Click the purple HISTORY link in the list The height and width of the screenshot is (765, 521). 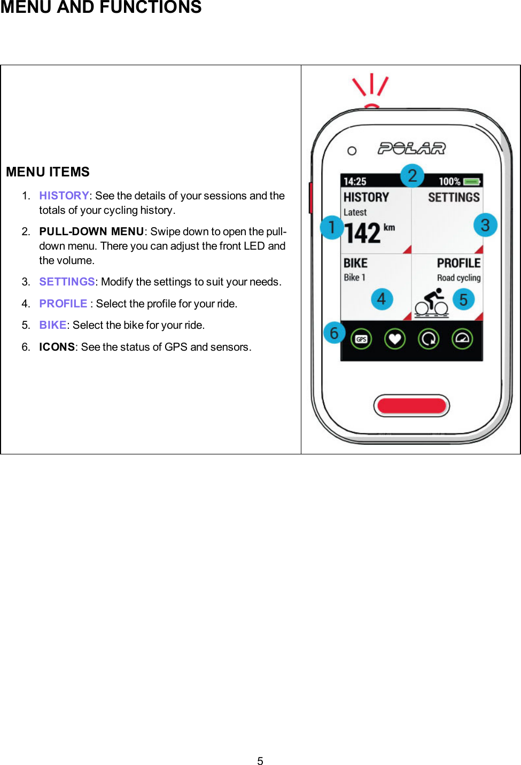pyautogui.click(x=64, y=196)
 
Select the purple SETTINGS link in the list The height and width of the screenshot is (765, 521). pyautogui.click(x=67, y=282)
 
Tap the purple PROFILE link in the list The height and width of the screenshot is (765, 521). pyautogui.click(x=63, y=304)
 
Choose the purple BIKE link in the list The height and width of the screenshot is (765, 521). pyautogui.click(x=52, y=325)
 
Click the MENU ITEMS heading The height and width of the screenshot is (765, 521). pyautogui.click(x=48, y=172)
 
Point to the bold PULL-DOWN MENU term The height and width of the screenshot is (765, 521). pyautogui.click(x=91, y=231)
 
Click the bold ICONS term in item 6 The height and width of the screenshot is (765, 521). pyautogui.click(x=57, y=347)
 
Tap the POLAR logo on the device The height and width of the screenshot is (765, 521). pyautogui.click(x=411, y=148)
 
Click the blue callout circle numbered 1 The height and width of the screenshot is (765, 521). pyautogui.click(x=332, y=227)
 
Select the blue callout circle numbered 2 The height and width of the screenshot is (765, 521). pyautogui.click(x=412, y=176)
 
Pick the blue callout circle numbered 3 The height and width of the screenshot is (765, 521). pyautogui.click(x=485, y=225)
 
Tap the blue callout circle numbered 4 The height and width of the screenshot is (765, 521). pyautogui.click(x=382, y=299)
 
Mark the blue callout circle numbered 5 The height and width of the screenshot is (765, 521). pyautogui.click(x=463, y=299)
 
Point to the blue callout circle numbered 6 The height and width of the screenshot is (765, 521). pyautogui.click(x=334, y=333)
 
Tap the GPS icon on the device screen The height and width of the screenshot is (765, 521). pyautogui.click(x=361, y=339)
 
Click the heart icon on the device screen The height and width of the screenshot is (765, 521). pyautogui.click(x=395, y=339)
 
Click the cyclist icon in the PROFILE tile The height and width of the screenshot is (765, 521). pyautogui.click(x=432, y=303)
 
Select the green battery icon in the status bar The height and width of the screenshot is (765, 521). pyautogui.click(x=472, y=182)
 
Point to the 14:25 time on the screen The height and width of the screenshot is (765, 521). pyautogui.click(x=355, y=182)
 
